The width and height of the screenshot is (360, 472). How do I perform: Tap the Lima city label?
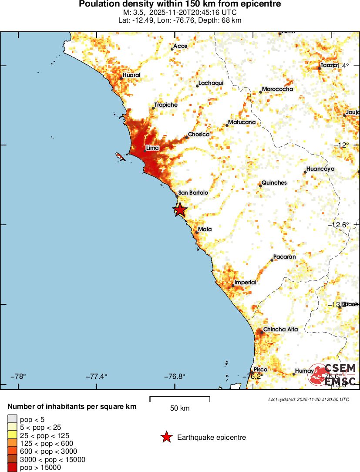[152, 148]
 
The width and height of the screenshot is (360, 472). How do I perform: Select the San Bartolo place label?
[193, 192]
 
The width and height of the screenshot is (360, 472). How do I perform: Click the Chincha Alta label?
[280, 330]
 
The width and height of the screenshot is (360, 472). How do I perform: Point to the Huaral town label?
[131, 75]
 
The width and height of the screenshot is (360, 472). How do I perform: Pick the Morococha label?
[277, 89]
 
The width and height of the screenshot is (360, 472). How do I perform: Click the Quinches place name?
[274, 183]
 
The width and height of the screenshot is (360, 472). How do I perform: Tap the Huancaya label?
[320, 169]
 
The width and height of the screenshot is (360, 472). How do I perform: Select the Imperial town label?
[245, 283]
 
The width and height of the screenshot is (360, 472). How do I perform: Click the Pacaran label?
[284, 257]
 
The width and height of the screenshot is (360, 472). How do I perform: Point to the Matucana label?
[242, 123]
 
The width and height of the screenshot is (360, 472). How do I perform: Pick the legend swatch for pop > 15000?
[12, 468]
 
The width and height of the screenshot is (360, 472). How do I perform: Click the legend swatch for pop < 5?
[12, 419]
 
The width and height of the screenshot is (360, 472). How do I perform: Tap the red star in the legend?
[166, 437]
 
